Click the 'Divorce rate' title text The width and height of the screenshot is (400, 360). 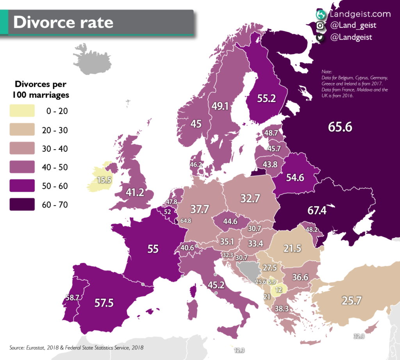pyautogui.click(x=63, y=22)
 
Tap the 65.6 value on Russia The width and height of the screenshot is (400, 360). pyautogui.click(x=339, y=127)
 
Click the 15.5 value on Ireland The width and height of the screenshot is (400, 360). pyautogui.click(x=104, y=180)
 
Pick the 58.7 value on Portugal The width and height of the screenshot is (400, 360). pyautogui.click(x=72, y=297)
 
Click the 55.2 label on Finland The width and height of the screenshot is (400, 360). pyautogui.click(x=266, y=98)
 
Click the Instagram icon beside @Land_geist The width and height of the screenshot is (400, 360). pyautogui.click(x=321, y=26)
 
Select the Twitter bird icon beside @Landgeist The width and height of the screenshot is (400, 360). pyautogui.click(x=321, y=38)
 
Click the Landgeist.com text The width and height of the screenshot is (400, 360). pyautogui.click(x=360, y=14)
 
